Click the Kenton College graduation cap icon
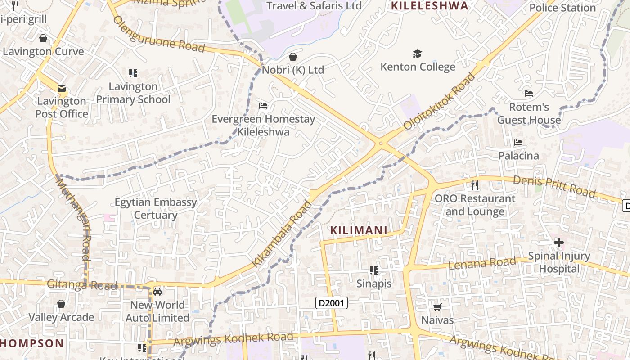(417, 54)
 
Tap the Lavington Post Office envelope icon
(61, 88)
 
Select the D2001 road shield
(332, 303)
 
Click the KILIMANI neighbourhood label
(359, 230)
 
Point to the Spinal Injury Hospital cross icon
(559, 243)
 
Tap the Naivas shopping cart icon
(437, 307)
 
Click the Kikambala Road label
(282, 234)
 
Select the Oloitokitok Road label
(439, 101)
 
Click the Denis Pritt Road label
(554, 186)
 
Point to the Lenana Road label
(482, 263)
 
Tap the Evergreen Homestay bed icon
(263, 106)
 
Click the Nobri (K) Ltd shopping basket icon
(293, 57)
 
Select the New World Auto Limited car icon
(157, 292)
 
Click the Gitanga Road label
(82, 285)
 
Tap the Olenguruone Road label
(159, 34)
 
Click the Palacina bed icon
(518, 143)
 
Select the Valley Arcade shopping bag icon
(62, 304)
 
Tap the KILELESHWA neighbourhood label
(429, 6)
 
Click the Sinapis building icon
(373, 270)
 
